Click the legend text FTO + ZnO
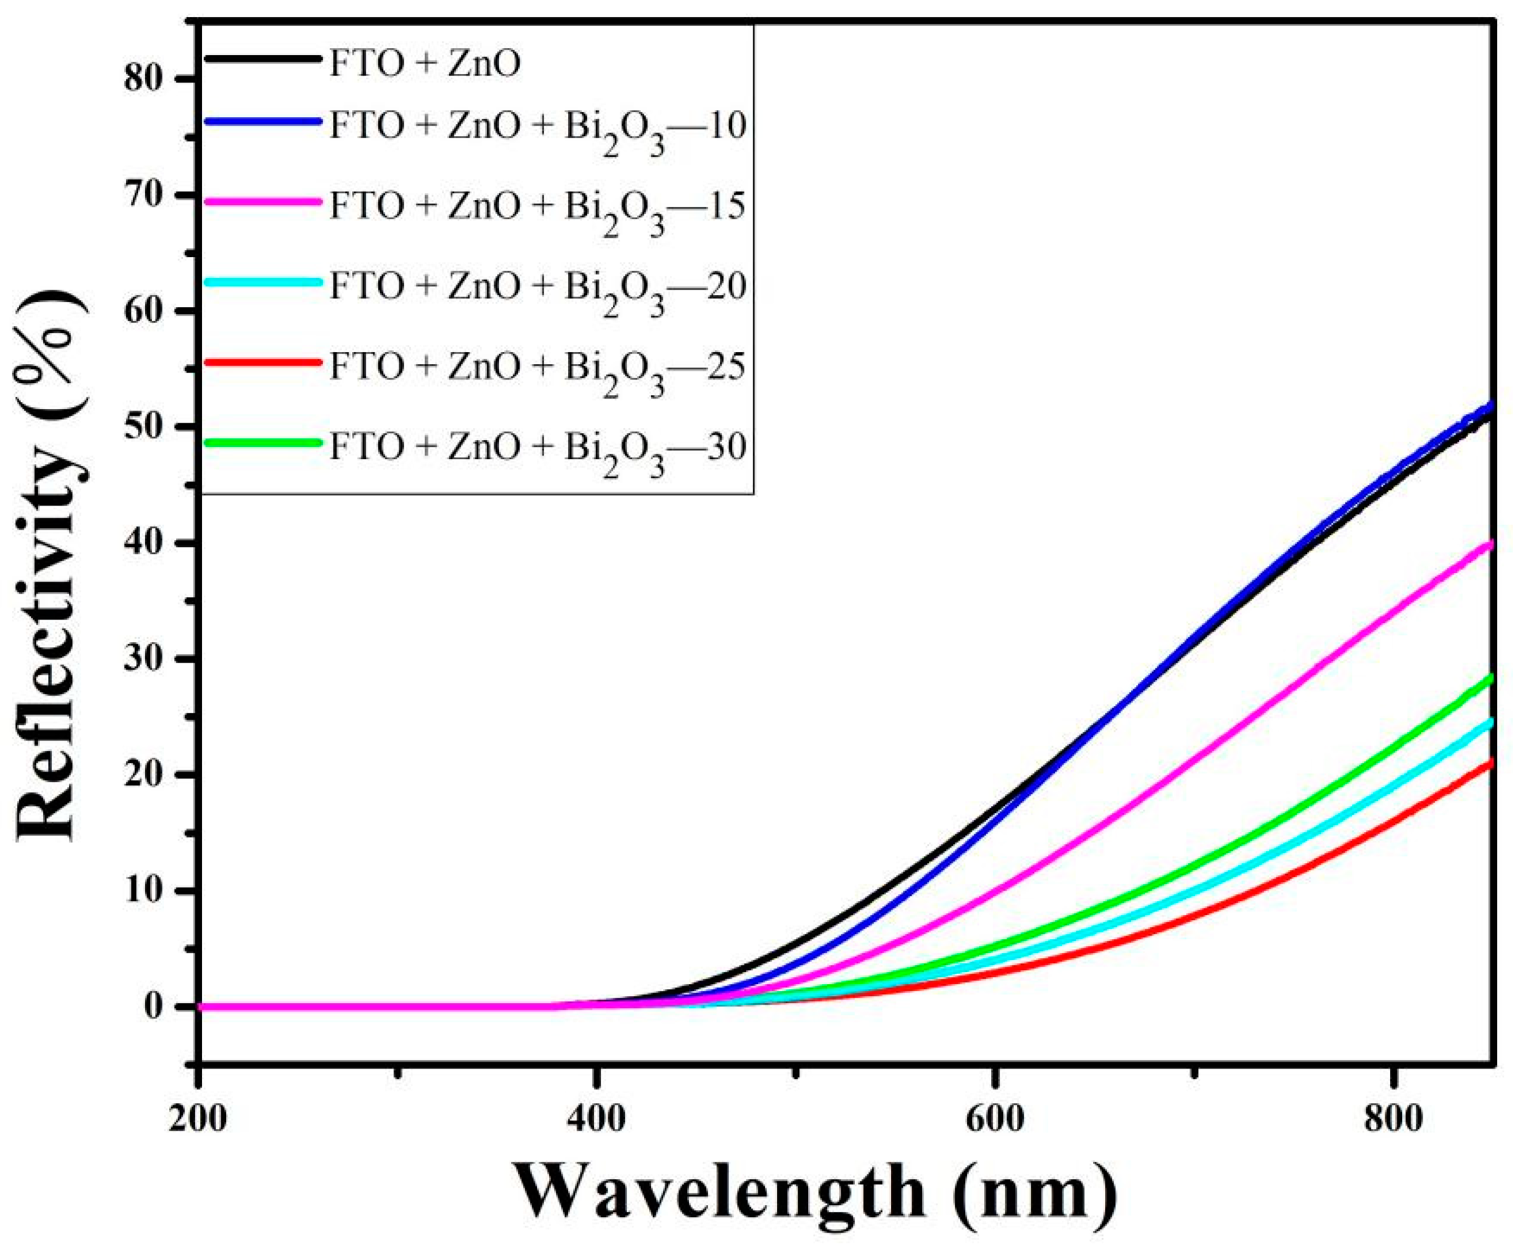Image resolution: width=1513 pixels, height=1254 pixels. coord(425,64)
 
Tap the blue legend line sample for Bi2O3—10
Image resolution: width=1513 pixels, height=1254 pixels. coord(263,121)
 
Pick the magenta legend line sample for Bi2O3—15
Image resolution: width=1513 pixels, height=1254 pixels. coord(263,203)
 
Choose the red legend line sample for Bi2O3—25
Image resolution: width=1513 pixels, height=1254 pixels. coord(263,362)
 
